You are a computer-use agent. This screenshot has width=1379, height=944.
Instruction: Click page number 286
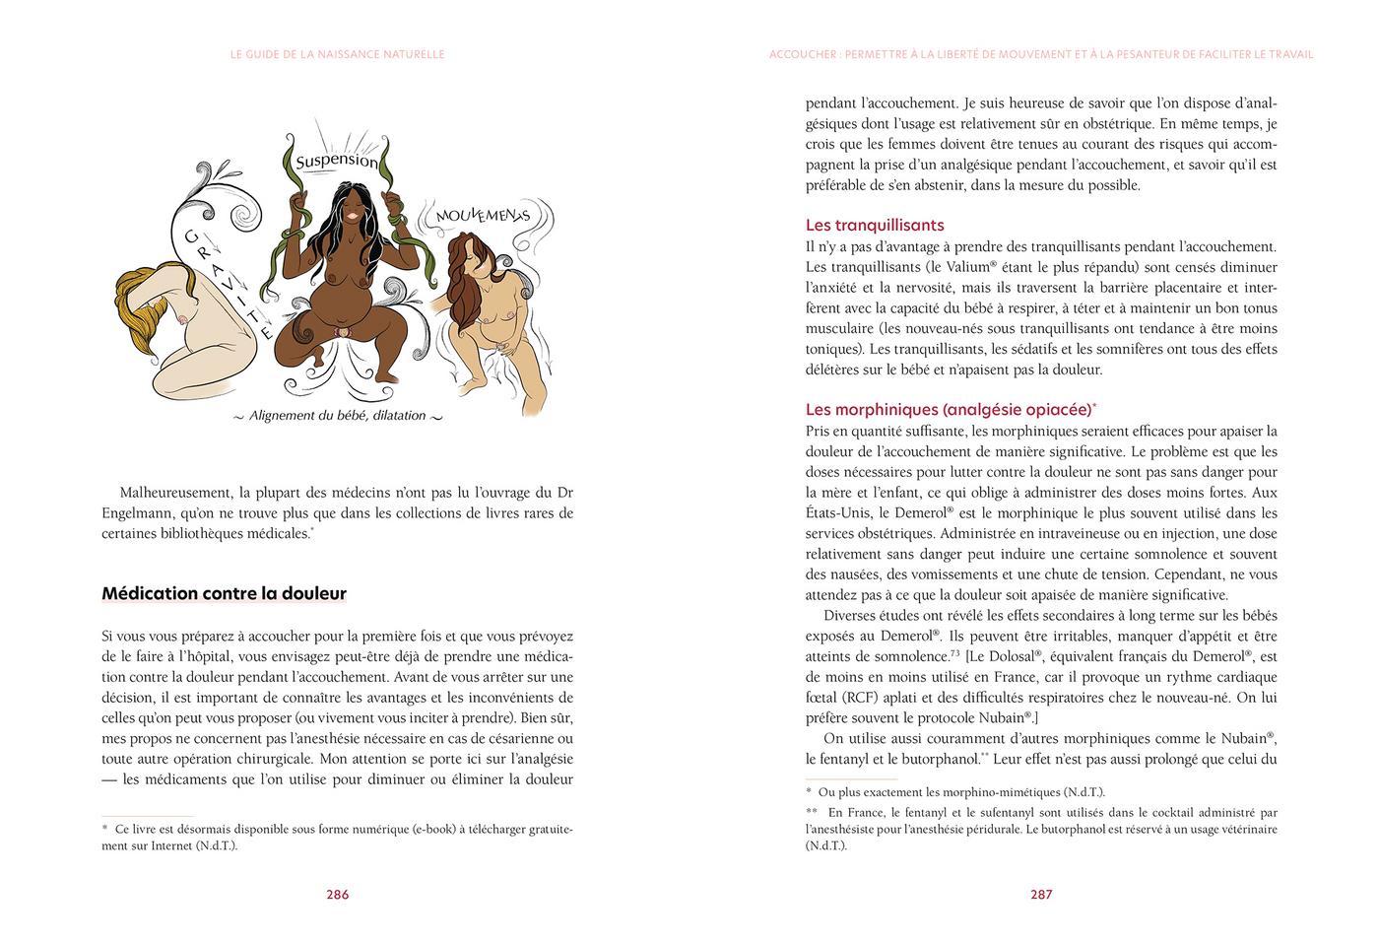337,895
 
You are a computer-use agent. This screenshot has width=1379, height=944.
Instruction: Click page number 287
1041,895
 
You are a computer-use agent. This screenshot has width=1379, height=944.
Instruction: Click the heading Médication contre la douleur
224,593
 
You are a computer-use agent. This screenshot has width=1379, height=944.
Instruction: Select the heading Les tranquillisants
875,225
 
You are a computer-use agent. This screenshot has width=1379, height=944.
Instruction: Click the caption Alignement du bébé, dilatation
337,416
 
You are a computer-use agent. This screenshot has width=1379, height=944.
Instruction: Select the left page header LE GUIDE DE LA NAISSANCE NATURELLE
337,54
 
